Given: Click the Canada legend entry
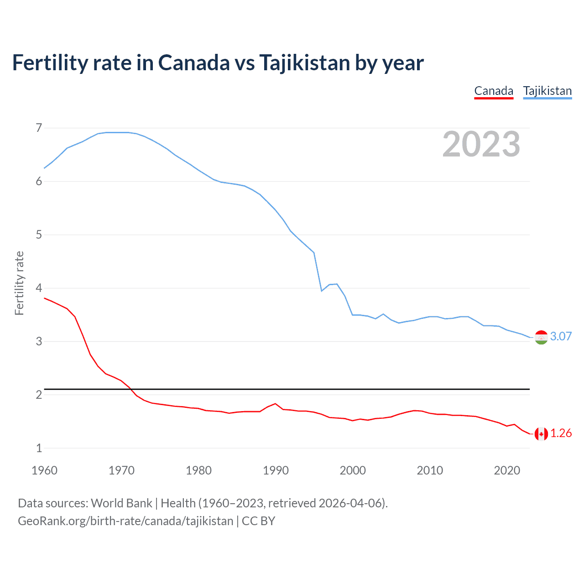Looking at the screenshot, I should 494,91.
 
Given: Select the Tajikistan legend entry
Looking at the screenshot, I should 547,91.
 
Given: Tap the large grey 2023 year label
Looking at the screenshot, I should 481,144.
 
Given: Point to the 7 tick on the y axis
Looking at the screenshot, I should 39,128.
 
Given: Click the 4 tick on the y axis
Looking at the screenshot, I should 39,288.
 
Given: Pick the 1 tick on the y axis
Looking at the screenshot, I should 39,448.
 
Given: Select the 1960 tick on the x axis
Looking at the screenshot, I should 44,470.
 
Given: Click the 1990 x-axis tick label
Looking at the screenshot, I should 276,470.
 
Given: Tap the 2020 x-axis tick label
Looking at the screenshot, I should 507,470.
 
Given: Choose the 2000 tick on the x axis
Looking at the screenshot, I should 353,470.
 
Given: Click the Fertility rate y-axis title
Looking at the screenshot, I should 19,283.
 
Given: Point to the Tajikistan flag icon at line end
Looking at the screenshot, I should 541,337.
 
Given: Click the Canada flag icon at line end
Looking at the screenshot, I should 541,434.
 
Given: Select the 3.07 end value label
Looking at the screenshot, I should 561,336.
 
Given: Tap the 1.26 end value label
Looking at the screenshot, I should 561,433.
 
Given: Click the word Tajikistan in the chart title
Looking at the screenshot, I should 305,63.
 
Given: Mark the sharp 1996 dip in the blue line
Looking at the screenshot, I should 322,291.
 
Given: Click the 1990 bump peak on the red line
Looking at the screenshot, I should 275,404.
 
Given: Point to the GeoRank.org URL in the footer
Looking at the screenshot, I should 125,521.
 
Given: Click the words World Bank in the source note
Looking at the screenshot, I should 121,503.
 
